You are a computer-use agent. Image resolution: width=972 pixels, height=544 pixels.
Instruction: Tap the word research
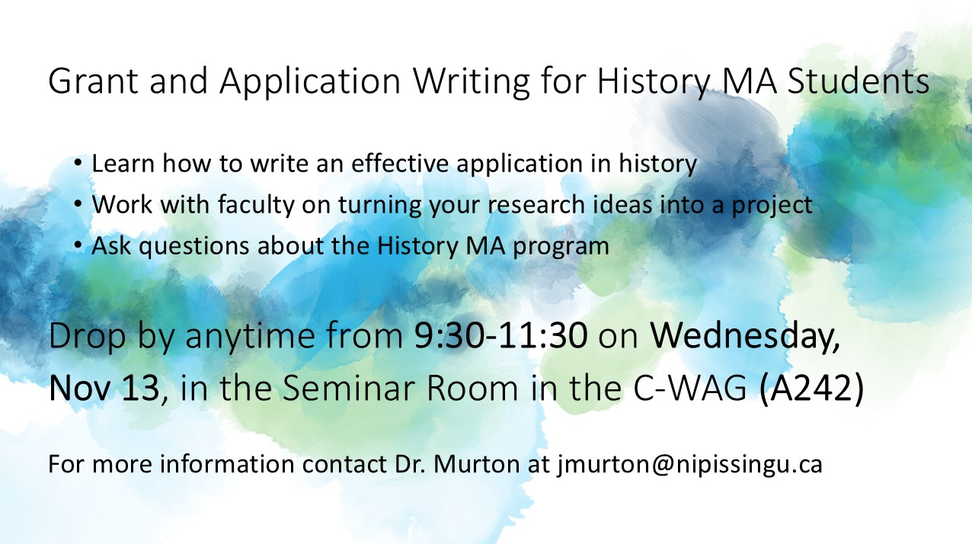pyautogui.click(x=534, y=205)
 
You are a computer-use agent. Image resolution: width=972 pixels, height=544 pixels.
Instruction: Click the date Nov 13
pyautogui.click(x=104, y=389)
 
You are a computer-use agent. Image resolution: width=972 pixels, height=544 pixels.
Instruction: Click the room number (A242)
pyautogui.click(x=812, y=389)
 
